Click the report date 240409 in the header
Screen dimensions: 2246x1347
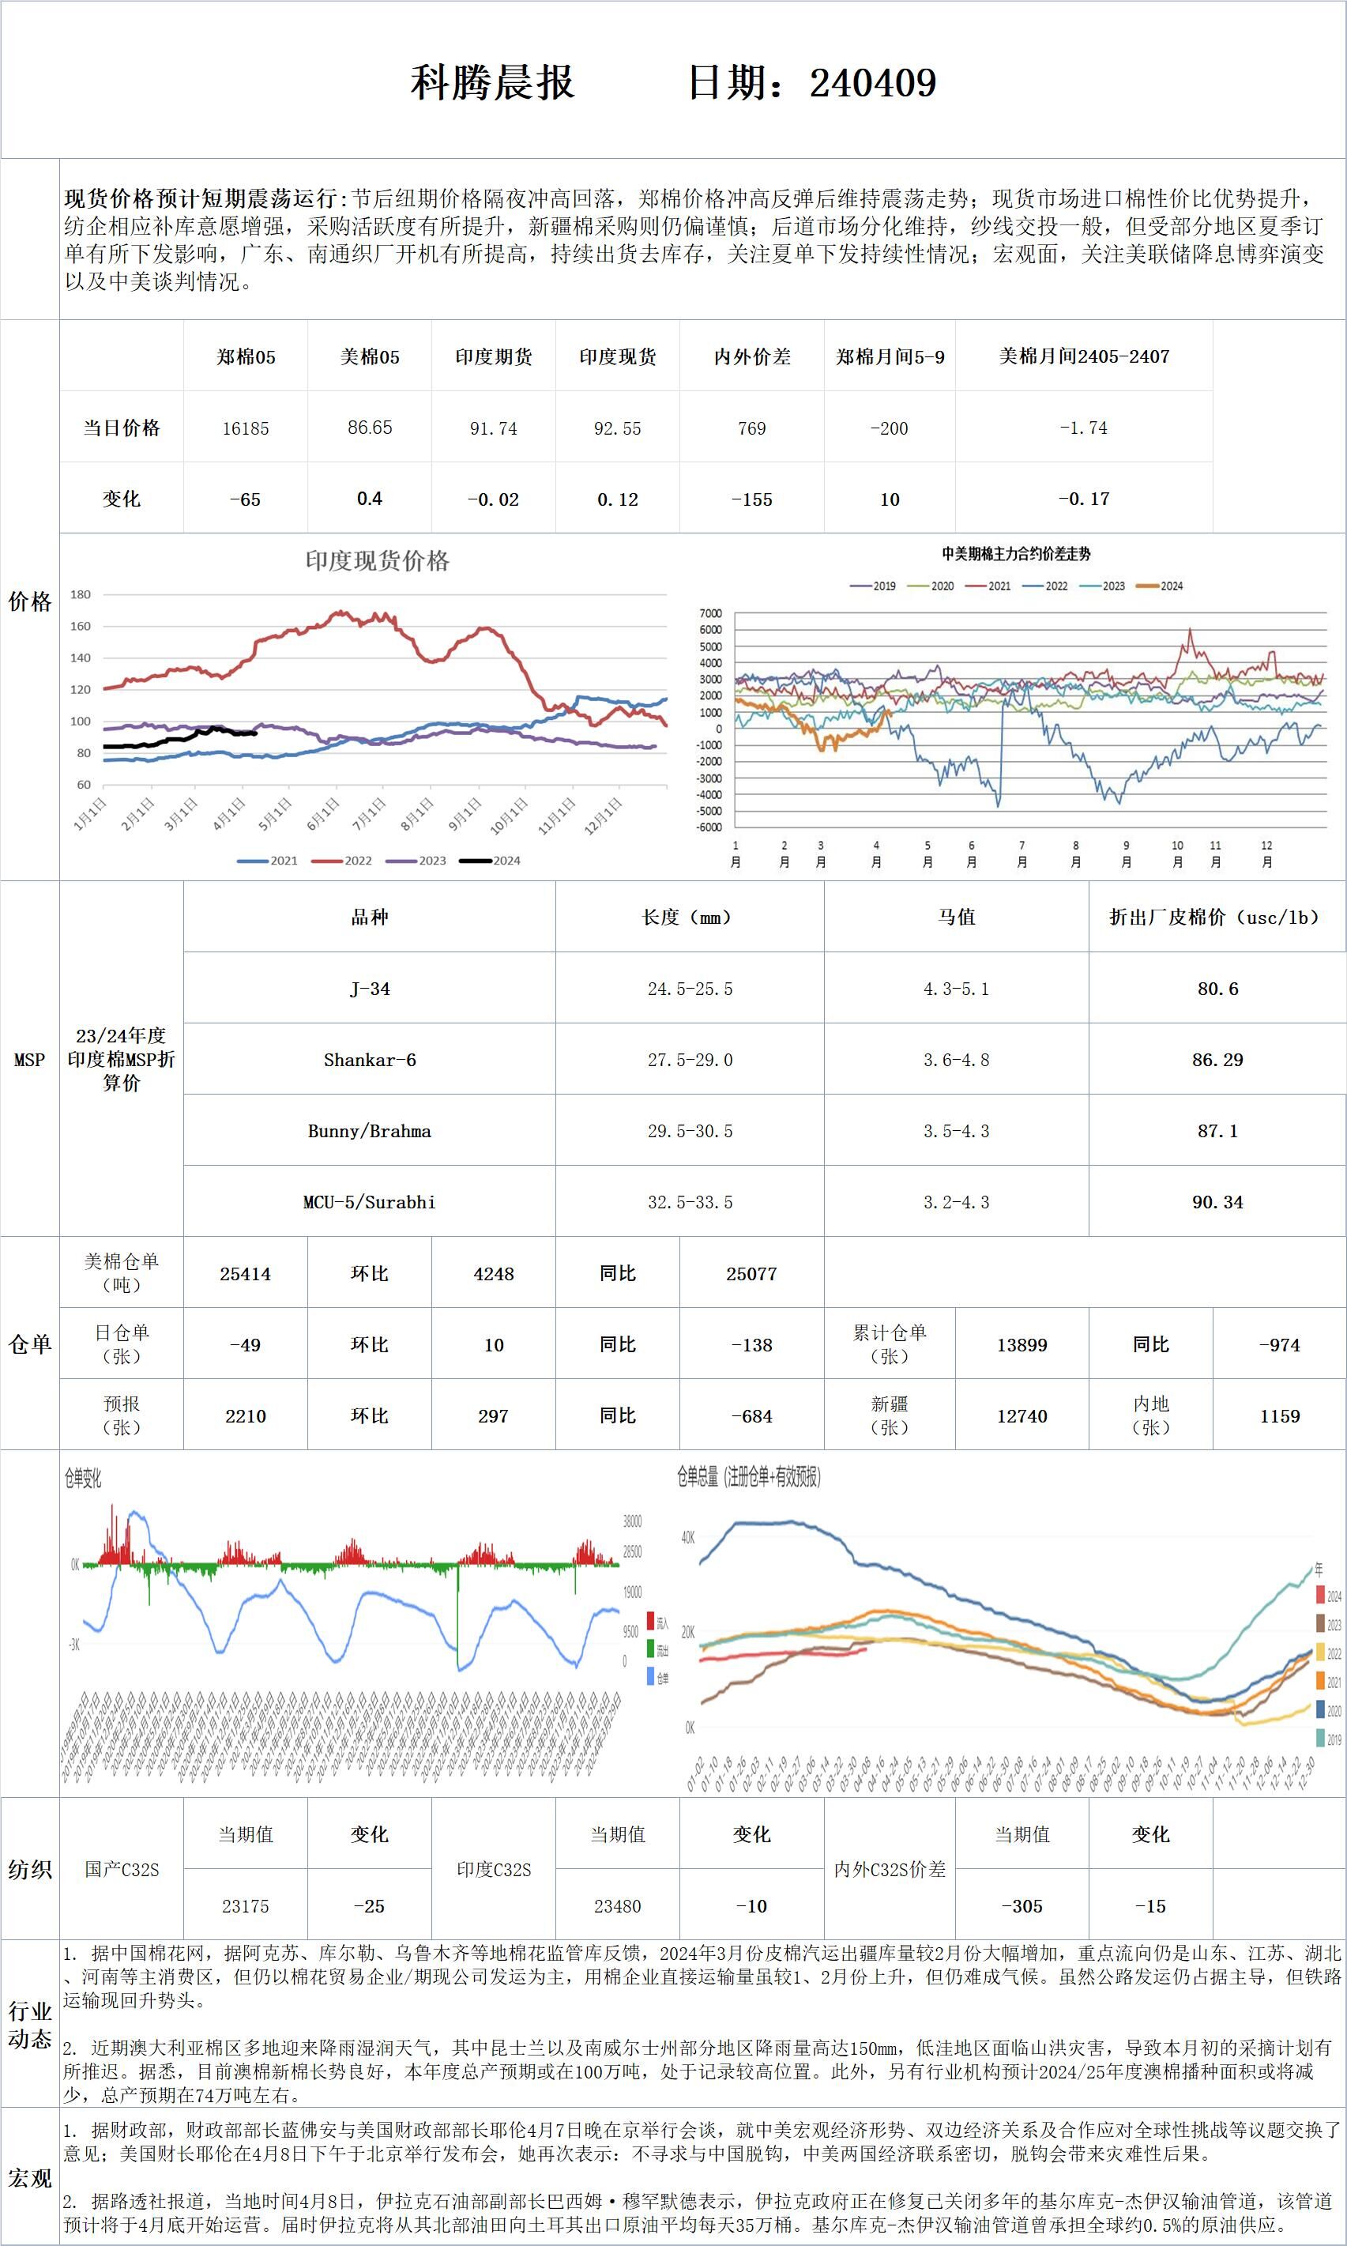(x=872, y=84)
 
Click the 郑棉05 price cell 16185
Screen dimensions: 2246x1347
(x=246, y=428)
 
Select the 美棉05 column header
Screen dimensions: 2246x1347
(x=370, y=356)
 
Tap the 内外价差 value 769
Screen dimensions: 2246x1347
(x=751, y=428)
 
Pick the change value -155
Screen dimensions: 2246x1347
(x=751, y=499)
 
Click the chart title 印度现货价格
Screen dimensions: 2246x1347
(x=377, y=561)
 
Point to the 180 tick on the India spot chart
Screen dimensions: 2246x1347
(x=81, y=594)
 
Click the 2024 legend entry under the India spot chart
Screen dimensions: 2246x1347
(x=490, y=861)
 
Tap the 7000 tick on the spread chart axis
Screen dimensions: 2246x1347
(x=711, y=614)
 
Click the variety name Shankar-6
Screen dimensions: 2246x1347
(x=370, y=1060)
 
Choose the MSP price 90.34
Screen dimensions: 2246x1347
(x=1217, y=1202)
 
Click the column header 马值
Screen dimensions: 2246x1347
(x=956, y=917)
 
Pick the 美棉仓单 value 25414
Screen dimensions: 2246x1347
(x=245, y=1274)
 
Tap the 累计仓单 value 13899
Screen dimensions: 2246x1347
(x=1022, y=1344)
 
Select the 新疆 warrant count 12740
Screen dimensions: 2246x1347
(x=1022, y=1416)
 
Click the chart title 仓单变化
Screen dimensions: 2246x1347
(x=83, y=1479)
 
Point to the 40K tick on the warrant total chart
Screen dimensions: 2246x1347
(x=688, y=1538)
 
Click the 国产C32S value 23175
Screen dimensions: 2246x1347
(x=245, y=1906)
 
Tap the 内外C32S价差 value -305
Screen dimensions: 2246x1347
(x=1022, y=1906)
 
